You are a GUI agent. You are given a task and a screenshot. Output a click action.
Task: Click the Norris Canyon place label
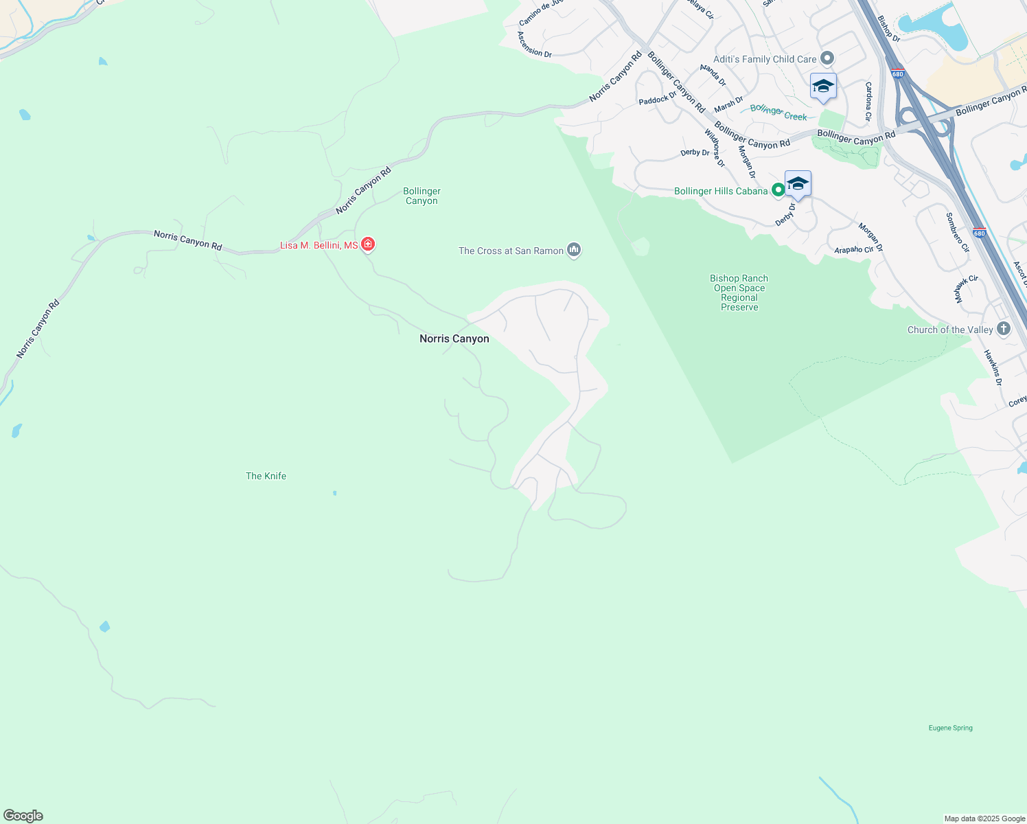click(x=454, y=339)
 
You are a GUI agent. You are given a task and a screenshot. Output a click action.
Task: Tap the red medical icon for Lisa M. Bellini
click(x=368, y=244)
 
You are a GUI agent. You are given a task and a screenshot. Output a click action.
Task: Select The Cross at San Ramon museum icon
click(x=574, y=250)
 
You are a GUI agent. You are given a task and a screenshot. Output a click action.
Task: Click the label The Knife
click(x=266, y=476)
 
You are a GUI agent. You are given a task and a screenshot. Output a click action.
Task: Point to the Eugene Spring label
click(x=950, y=728)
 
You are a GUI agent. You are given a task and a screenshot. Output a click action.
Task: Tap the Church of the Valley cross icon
click(x=1003, y=329)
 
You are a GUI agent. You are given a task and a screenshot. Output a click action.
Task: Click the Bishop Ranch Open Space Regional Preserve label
click(x=739, y=293)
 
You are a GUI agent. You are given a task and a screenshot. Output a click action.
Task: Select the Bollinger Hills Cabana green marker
click(x=778, y=190)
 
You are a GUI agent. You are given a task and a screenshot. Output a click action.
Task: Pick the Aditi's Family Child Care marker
click(x=827, y=58)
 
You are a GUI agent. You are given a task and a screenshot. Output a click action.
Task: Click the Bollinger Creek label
click(x=778, y=113)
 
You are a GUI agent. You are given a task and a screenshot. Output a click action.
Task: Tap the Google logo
click(x=23, y=816)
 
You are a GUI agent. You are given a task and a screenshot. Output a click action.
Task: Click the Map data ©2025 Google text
click(x=984, y=819)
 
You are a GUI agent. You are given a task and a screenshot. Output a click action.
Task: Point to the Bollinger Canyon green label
click(x=422, y=196)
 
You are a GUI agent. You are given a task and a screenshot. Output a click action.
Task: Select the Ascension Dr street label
click(x=534, y=45)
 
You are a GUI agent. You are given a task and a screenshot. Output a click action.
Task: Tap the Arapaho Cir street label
click(x=853, y=249)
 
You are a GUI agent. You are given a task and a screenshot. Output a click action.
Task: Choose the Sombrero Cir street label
click(x=957, y=232)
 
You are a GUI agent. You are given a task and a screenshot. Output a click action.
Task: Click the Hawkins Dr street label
click(x=993, y=367)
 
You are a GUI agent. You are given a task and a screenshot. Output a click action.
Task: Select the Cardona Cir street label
click(x=868, y=102)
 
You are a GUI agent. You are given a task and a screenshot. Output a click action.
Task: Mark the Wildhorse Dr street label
click(x=714, y=148)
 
